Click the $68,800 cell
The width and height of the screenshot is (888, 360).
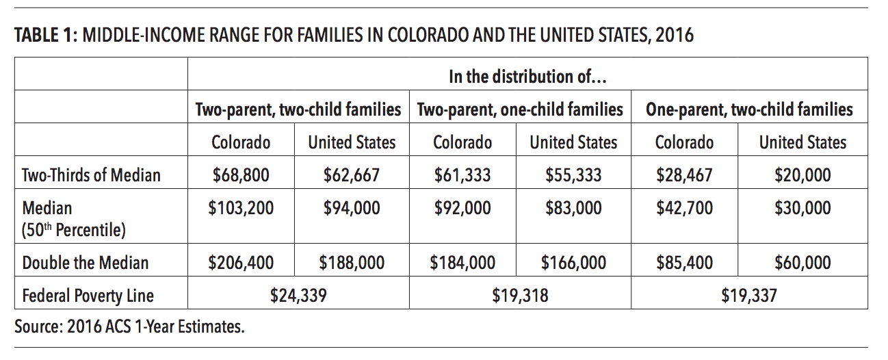(241, 175)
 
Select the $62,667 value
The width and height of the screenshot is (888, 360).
(352, 175)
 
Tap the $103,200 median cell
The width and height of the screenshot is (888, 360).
(241, 209)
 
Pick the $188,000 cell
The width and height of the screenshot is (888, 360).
(352, 263)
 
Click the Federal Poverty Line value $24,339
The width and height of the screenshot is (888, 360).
(298, 296)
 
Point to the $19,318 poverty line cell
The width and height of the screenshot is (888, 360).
(520, 296)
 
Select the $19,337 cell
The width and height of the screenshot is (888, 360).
(749, 296)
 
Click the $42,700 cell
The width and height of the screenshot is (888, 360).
(684, 209)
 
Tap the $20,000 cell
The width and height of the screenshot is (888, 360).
(802, 175)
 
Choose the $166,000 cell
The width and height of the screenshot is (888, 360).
(573, 263)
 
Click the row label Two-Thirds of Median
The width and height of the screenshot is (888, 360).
(92, 175)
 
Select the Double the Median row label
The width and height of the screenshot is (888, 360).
(86, 263)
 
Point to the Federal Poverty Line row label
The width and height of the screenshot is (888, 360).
(88, 296)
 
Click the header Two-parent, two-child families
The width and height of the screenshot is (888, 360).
(298, 110)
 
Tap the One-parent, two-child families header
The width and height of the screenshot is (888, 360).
(749, 110)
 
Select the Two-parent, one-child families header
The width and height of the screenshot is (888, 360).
(520, 110)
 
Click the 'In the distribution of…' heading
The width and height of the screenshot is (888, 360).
(527, 77)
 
